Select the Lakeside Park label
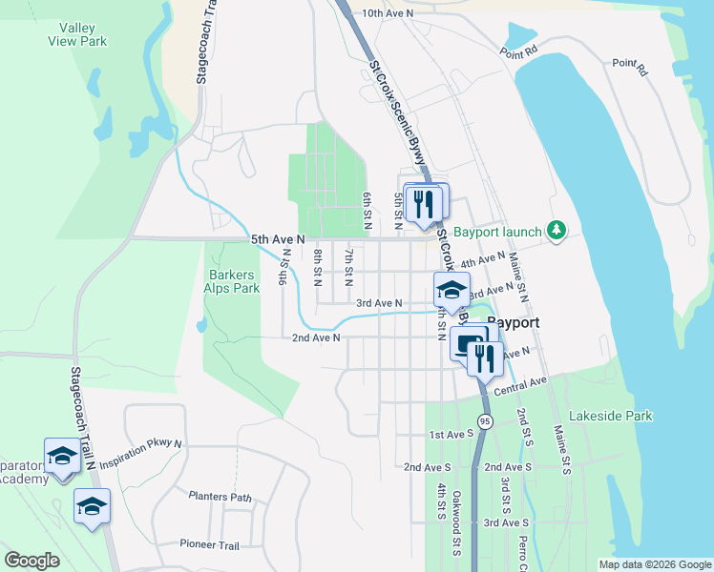[610, 417]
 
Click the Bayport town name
[513, 323]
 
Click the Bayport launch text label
[496, 232]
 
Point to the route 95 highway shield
[485, 420]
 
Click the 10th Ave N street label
[388, 14]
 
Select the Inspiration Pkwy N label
[140, 451]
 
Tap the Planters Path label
[220, 497]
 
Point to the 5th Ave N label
[278, 239]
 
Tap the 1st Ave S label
[451, 435]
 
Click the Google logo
[31, 561]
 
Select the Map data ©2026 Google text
[654, 564]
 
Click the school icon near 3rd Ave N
[451, 289]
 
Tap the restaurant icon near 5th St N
[423, 201]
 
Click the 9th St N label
[283, 267]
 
